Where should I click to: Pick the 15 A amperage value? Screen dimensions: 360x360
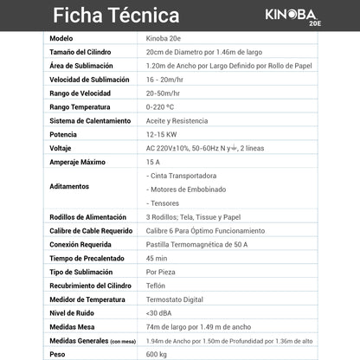(x=153, y=162)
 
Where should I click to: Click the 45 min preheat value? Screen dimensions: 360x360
(x=157, y=258)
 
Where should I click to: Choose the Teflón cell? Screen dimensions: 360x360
(x=157, y=286)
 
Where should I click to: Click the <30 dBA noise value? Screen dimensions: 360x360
(x=158, y=312)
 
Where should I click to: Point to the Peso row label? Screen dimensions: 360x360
(x=58, y=353)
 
